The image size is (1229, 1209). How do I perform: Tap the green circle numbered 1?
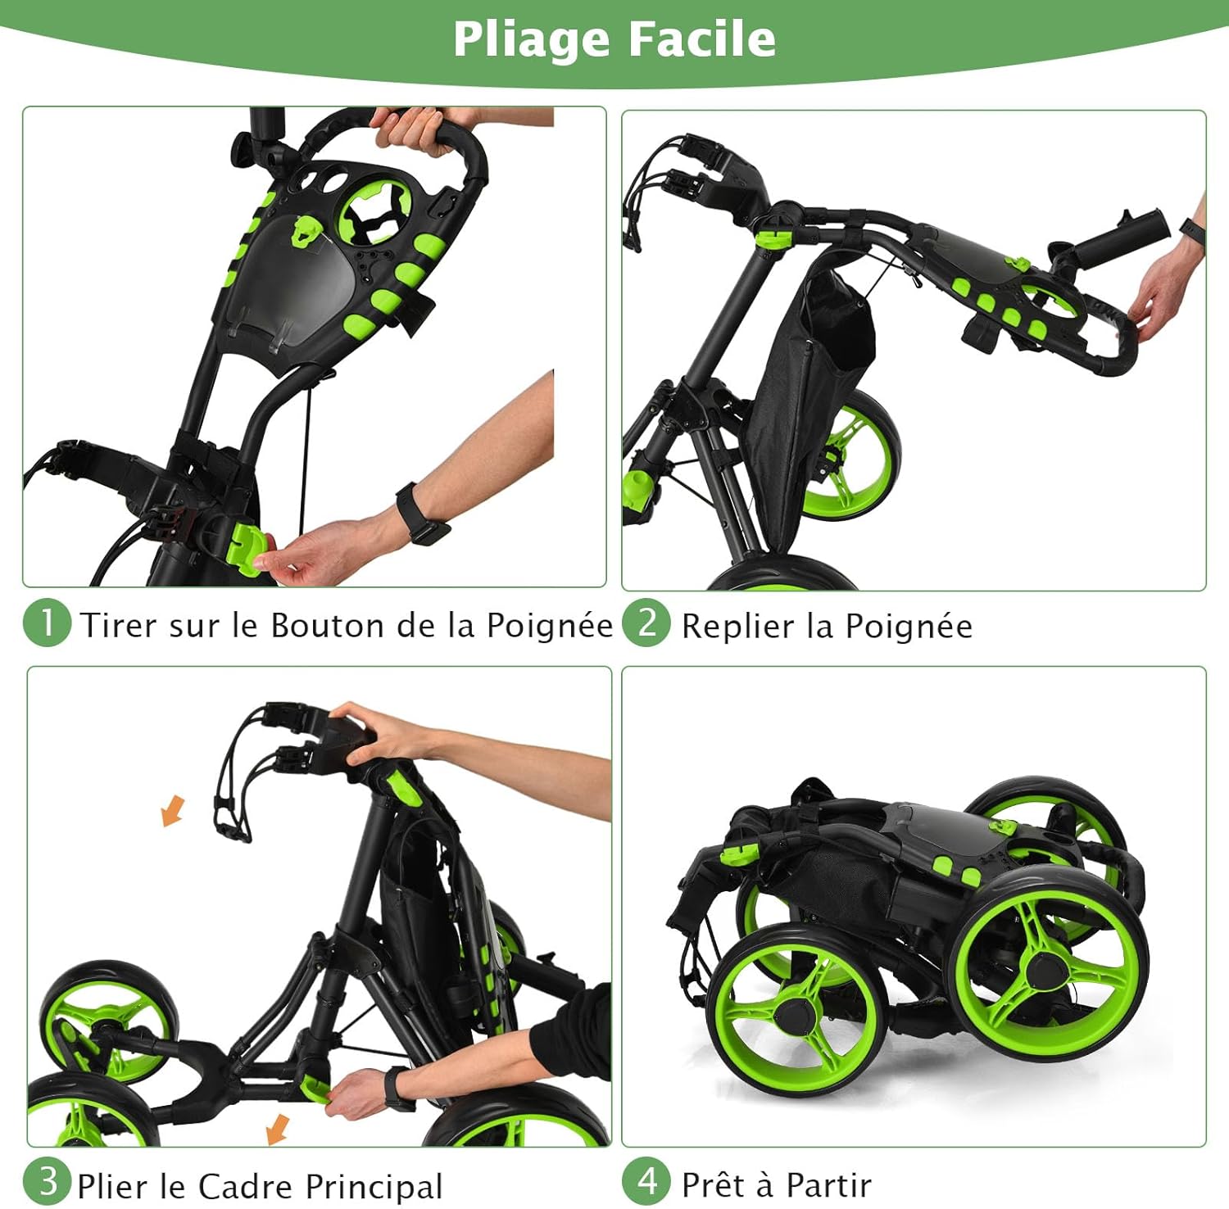(x=48, y=623)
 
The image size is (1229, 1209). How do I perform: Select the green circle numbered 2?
(x=646, y=623)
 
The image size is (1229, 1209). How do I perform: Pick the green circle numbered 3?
(x=48, y=1182)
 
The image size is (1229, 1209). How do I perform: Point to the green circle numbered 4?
(x=646, y=1182)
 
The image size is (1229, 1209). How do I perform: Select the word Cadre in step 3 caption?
(x=245, y=1186)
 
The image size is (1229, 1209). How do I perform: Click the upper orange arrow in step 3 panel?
(x=173, y=811)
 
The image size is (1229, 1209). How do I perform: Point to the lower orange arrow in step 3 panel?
(x=278, y=1129)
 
